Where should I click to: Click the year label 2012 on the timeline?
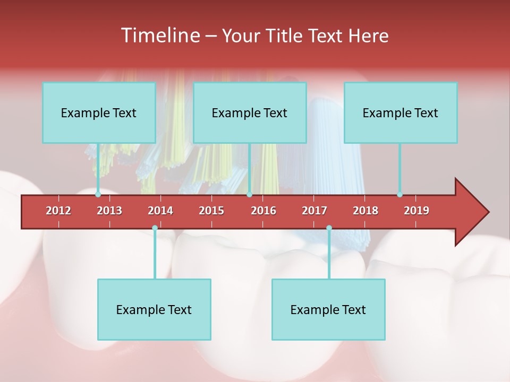point(58,211)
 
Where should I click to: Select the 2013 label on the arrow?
point(109,211)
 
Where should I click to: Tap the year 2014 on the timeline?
point(160,211)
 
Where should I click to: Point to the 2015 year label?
point(211,211)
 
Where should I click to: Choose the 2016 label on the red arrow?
point(263,211)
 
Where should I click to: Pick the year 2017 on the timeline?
point(314,211)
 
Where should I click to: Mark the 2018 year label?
point(365,211)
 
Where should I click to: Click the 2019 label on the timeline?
point(416,211)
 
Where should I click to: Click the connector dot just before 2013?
point(98,195)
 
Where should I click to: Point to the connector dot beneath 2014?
point(155,228)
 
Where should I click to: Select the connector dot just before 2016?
point(249,195)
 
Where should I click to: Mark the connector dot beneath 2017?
point(329,228)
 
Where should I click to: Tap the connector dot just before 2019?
point(399,195)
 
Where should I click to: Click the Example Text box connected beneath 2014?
point(154,309)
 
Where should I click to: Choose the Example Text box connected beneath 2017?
point(328,309)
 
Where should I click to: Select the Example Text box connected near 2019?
point(401,112)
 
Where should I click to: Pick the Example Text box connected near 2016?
point(250,112)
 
